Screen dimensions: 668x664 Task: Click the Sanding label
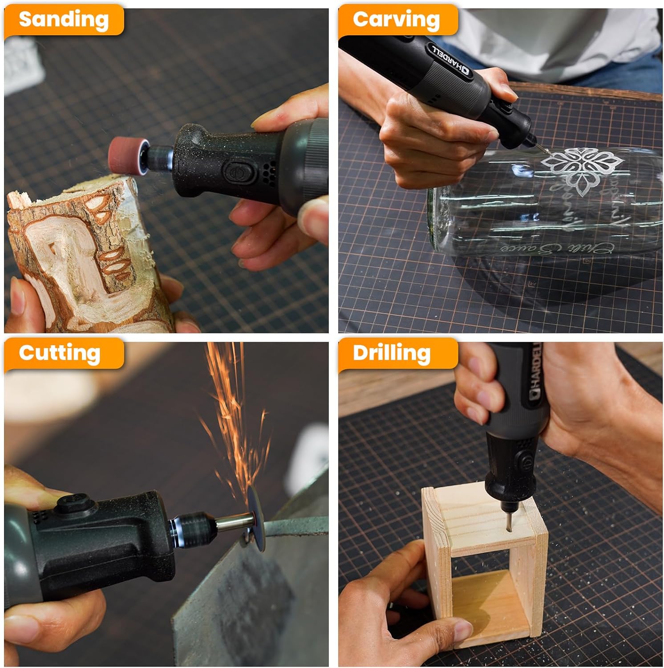(64, 20)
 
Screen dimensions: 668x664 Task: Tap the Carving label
(396, 20)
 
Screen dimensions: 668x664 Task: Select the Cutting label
(60, 353)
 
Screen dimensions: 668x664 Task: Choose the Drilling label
(392, 353)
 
